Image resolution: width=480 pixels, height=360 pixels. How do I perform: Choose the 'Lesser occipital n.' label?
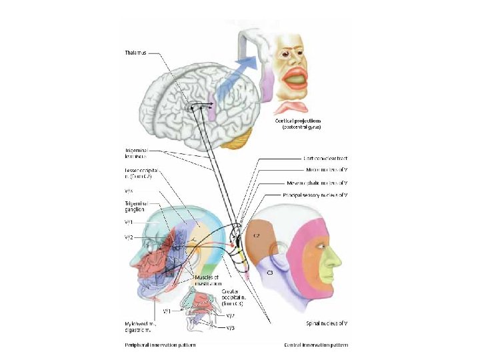[140, 173]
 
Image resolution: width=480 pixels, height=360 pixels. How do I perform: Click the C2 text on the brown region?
[256, 235]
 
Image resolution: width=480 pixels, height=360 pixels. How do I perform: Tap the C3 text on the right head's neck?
[269, 273]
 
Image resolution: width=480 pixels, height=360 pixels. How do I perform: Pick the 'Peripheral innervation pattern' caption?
[160, 345]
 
